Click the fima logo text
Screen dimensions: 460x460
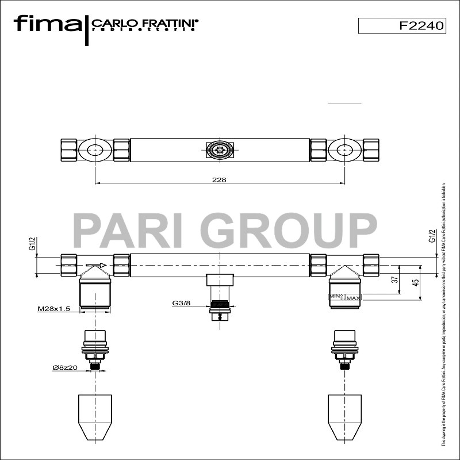(48, 24)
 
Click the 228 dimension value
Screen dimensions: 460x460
(218, 180)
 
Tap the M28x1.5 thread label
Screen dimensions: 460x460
(53, 309)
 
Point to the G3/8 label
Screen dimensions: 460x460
(182, 302)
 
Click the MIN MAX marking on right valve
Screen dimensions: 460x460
(345, 297)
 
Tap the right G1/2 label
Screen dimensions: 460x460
(432, 236)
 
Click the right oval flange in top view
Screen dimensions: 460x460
(344, 151)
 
